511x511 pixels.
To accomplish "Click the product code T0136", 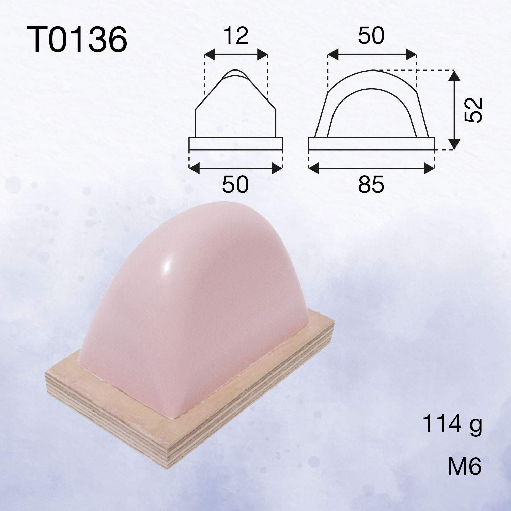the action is [77, 40].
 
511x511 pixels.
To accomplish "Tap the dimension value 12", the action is [236, 36].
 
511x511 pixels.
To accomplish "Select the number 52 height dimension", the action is [474, 110].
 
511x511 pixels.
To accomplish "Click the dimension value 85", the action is [371, 185].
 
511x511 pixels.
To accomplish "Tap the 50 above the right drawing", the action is [371, 35].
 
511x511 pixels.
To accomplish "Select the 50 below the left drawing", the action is [235, 185].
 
